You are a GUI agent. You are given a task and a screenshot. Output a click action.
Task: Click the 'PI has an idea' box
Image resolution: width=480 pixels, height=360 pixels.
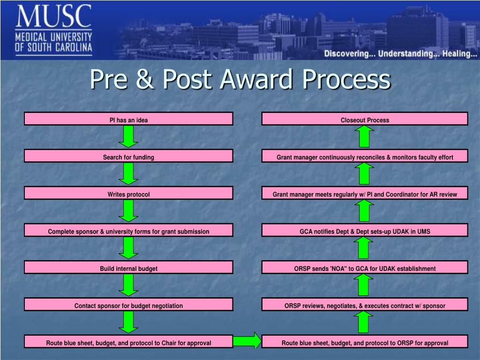pos(128,120)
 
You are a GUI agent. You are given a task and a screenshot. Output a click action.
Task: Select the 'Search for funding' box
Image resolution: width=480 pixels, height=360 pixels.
pos(128,157)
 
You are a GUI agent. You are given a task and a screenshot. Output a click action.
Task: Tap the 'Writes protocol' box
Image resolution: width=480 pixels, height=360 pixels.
pos(128,194)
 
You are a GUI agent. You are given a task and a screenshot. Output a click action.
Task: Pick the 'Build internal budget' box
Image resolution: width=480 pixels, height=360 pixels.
pos(128,268)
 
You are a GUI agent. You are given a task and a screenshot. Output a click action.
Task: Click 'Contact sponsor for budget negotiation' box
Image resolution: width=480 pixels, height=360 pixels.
pos(128,305)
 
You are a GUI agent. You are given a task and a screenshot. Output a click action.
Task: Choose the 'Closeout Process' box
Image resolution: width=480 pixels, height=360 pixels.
pos(365,120)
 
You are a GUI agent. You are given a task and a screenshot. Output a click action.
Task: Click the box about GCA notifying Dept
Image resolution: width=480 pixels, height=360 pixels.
pos(365,231)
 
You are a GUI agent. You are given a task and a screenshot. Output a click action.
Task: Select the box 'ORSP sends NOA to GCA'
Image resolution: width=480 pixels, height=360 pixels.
pos(365,268)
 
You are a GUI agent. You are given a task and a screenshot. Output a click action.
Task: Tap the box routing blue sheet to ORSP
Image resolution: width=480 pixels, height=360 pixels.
pos(365,343)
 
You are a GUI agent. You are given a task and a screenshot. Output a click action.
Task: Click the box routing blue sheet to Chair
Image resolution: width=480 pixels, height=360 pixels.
pos(128,343)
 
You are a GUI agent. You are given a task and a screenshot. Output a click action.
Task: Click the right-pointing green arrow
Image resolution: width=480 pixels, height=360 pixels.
pos(247,341)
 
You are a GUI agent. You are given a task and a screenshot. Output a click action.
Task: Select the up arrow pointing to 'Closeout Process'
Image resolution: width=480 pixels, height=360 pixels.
pos(364,137)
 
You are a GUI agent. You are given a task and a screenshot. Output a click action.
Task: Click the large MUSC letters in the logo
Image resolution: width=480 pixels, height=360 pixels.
pos(53,17)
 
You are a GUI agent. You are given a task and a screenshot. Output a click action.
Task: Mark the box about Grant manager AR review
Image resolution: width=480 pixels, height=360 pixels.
pos(365,194)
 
